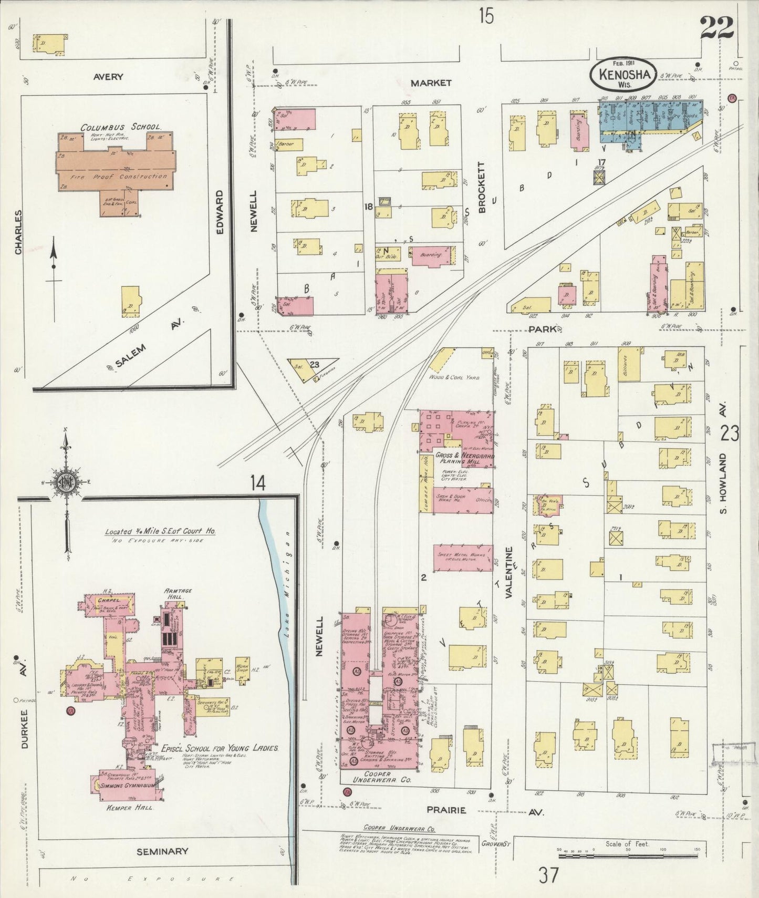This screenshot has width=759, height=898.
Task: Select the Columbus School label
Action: (x=121, y=128)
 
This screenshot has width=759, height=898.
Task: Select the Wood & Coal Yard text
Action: (x=454, y=377)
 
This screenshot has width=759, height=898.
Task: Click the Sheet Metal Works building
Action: (x=463, y=558)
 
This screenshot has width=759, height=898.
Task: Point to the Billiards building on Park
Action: (x=629, y=364)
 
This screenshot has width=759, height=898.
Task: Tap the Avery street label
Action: (x=108, y=77)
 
